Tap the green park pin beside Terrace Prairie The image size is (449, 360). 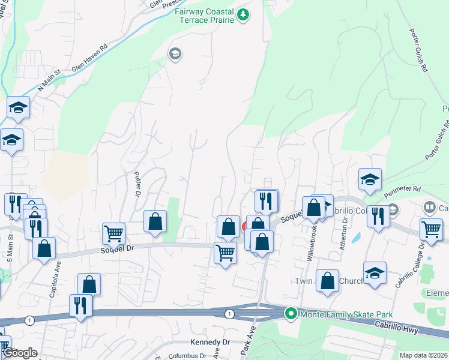point(243,14)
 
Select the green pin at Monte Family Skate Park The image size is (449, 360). point(291,313)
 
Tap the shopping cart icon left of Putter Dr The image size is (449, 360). point(114,233)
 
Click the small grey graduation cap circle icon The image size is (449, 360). point(175,55)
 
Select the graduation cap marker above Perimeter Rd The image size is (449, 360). point(370,179)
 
